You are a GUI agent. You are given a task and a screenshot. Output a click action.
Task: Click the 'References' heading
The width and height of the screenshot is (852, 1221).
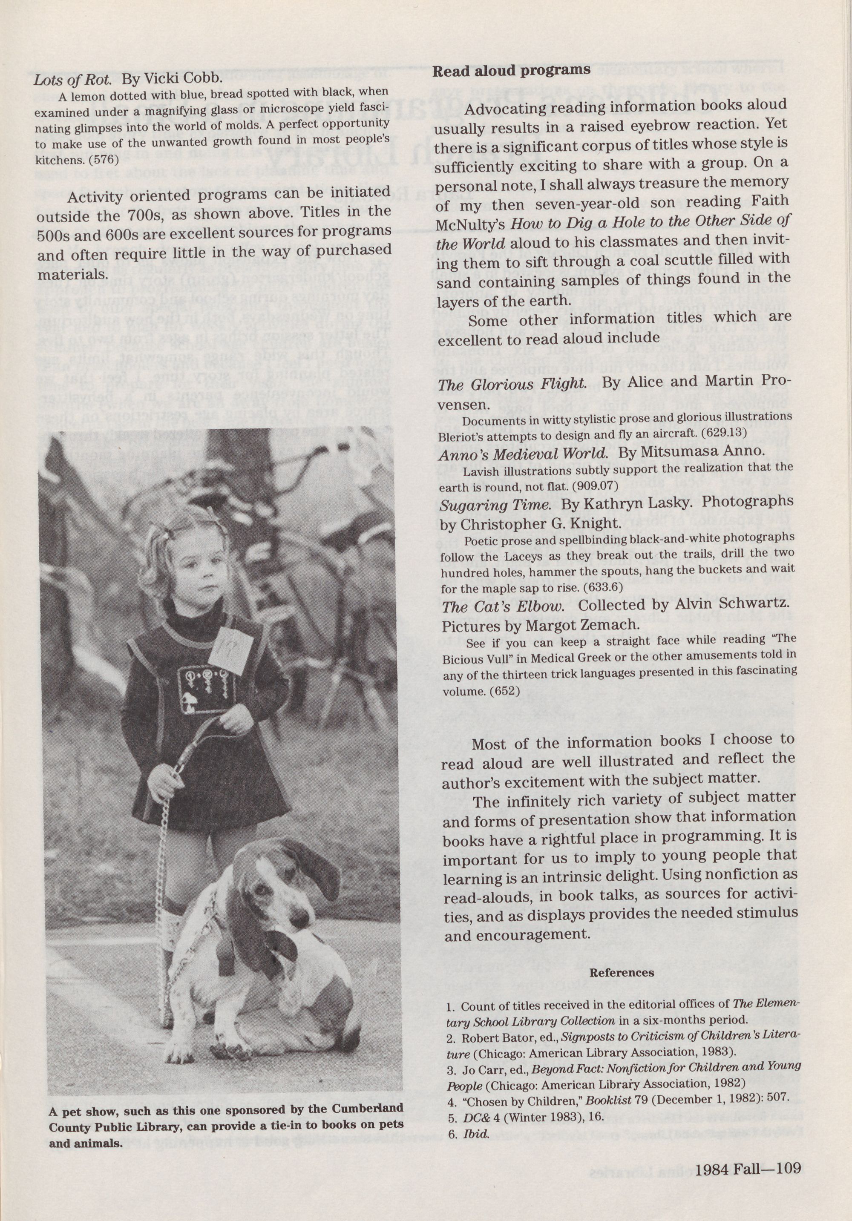pyautogui.click(x=622, y=973)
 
